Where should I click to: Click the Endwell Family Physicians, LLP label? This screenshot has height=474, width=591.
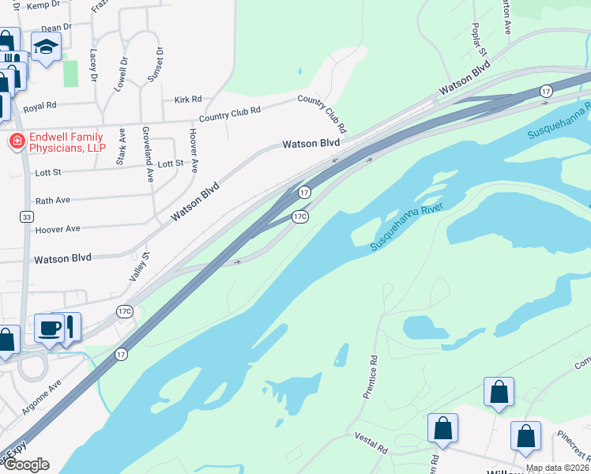click(68, 142)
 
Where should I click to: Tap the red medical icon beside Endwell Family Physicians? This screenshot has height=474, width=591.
click(14, 142)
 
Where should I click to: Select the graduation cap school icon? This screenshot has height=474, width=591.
click(46, 48)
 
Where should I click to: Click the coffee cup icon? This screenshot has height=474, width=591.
click(49, 329)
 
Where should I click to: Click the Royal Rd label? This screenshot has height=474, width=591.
click(40, 105)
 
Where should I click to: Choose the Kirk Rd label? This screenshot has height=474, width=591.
click(188, 100)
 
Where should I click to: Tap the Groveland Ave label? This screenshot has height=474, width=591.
click(147, 154)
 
